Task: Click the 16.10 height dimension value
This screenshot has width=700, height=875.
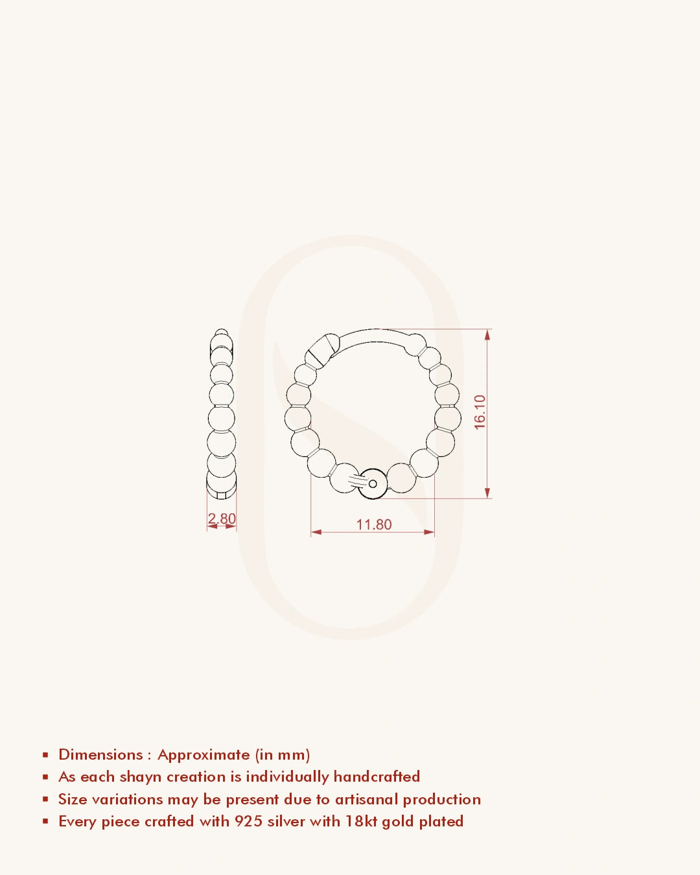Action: (x=480, y=412)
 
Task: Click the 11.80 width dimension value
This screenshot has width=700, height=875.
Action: (x=374, y=524)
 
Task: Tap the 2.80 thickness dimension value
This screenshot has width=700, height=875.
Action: (x=222, y=519)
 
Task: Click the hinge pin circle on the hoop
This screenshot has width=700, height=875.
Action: (x=373, y=484)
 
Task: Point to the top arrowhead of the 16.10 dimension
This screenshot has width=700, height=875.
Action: (x=487, y=334)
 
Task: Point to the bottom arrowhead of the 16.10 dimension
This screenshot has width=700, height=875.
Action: (x=487, y=493)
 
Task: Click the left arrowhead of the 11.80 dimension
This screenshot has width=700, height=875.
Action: (x=316, y=532)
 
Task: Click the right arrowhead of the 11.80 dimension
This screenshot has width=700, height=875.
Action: (x=429, y=532)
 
